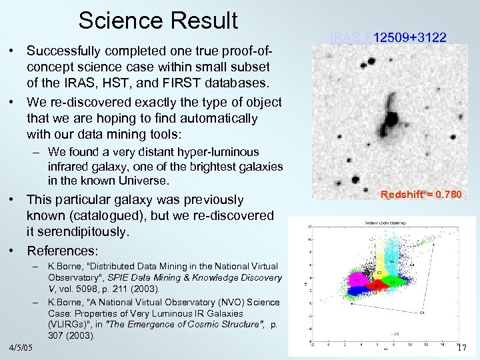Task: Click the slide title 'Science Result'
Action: point(158,20)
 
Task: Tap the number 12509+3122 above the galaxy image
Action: point(409,38)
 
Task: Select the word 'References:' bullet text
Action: point(62,251)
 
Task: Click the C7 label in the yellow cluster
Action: point(378,273)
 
